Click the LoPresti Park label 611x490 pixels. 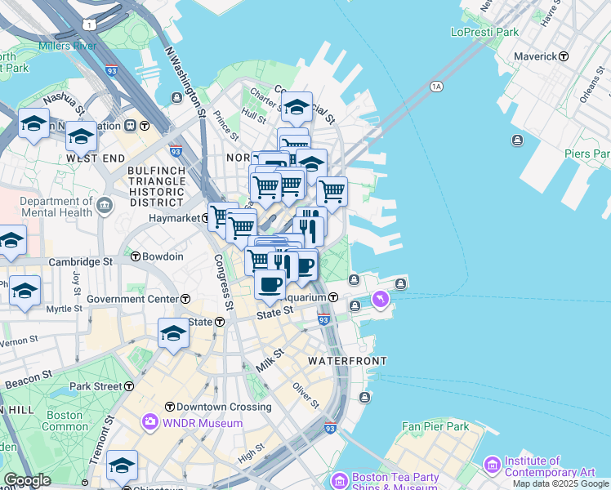[484, 32]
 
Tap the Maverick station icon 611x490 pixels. [564, 56]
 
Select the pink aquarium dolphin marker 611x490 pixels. [380, 301]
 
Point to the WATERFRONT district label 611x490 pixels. [346, 360]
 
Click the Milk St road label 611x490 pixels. [269, 359]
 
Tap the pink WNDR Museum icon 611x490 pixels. [150, 422]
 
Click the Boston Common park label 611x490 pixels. [65, 421]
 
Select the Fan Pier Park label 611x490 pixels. [435, 426]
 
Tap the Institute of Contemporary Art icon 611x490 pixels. [492, 465]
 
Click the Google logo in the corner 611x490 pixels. [27, 480]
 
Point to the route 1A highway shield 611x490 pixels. [436, 86]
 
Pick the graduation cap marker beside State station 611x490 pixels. [173, 333]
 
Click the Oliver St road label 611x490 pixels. [305, 397]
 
